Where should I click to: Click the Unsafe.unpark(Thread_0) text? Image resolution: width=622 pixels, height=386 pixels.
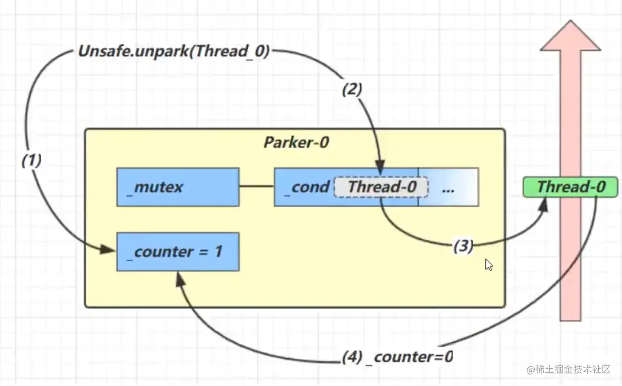[174, 52]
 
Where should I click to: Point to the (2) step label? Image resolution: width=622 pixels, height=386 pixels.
[352, 90]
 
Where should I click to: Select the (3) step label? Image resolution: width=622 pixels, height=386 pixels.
[463, 246]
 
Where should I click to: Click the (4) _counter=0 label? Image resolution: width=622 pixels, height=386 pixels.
[397, 357]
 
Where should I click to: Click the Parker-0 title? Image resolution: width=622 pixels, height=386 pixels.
[296, 143]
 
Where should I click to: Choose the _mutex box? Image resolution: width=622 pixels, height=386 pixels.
[178, 187]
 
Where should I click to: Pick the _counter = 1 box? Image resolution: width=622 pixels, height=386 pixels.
[178, 252]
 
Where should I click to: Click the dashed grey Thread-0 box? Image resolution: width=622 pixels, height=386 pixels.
[381, 187]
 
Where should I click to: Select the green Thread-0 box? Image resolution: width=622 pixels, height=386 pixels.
[570, 187]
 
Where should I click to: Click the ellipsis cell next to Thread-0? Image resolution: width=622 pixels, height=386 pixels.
[448, 187]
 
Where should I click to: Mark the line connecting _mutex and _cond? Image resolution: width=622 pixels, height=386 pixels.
[257, 186]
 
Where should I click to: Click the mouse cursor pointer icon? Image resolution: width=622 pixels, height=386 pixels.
[489, 264]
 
